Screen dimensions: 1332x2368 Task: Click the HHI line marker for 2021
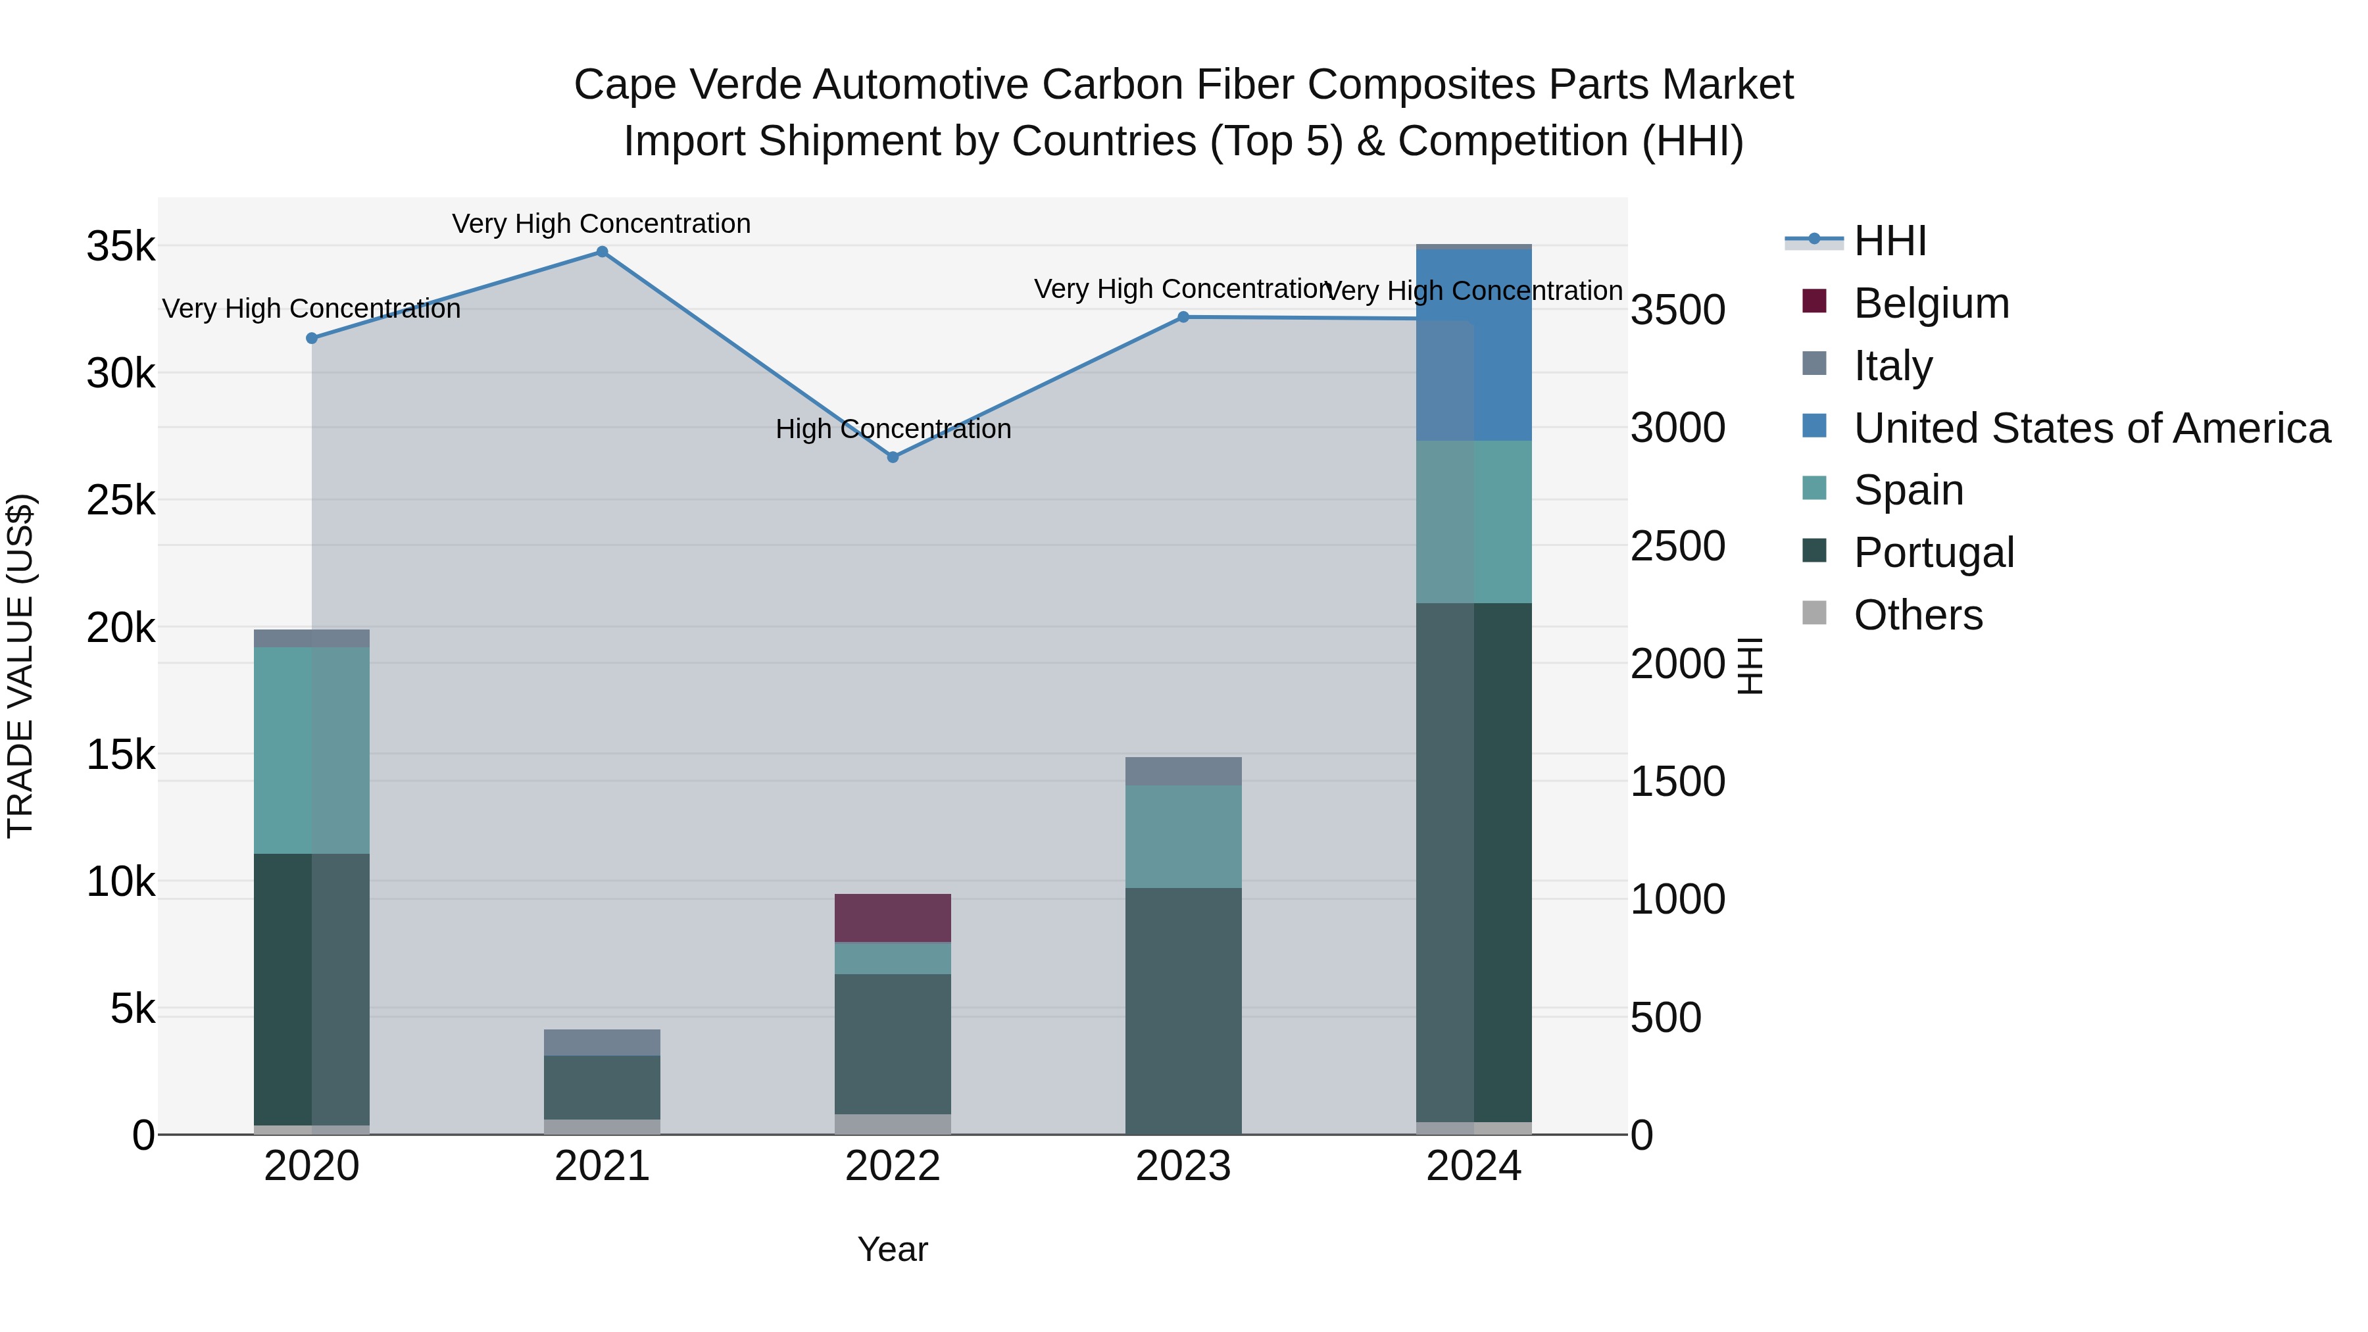click(602, 252)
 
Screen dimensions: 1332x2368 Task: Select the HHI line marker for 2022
click(893, 457)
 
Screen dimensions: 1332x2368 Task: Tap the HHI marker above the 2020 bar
click(312, 338)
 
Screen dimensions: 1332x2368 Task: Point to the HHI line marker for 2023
click(1183, 317)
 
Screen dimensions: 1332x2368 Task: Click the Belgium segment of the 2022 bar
click(893, 918)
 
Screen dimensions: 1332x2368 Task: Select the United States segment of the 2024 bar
click(1473, 345)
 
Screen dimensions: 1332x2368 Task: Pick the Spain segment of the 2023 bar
click(1183, 837)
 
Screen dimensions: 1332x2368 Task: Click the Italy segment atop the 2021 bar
click(602, 1043)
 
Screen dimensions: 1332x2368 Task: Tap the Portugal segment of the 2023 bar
click(1183, 1011)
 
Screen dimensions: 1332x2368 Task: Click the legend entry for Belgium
click(1931, 303)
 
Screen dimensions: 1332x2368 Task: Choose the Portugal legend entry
click(1933, 553)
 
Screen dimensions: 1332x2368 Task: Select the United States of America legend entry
click(2091, 428)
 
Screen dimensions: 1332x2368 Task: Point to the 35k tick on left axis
click(120, 247)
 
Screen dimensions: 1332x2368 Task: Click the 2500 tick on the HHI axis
click(1677, 546)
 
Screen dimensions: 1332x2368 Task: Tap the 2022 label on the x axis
click(893, 1166)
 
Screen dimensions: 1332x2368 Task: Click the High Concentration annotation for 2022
click(893, 430)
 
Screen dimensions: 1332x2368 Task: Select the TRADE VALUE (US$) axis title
click(20, 666)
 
